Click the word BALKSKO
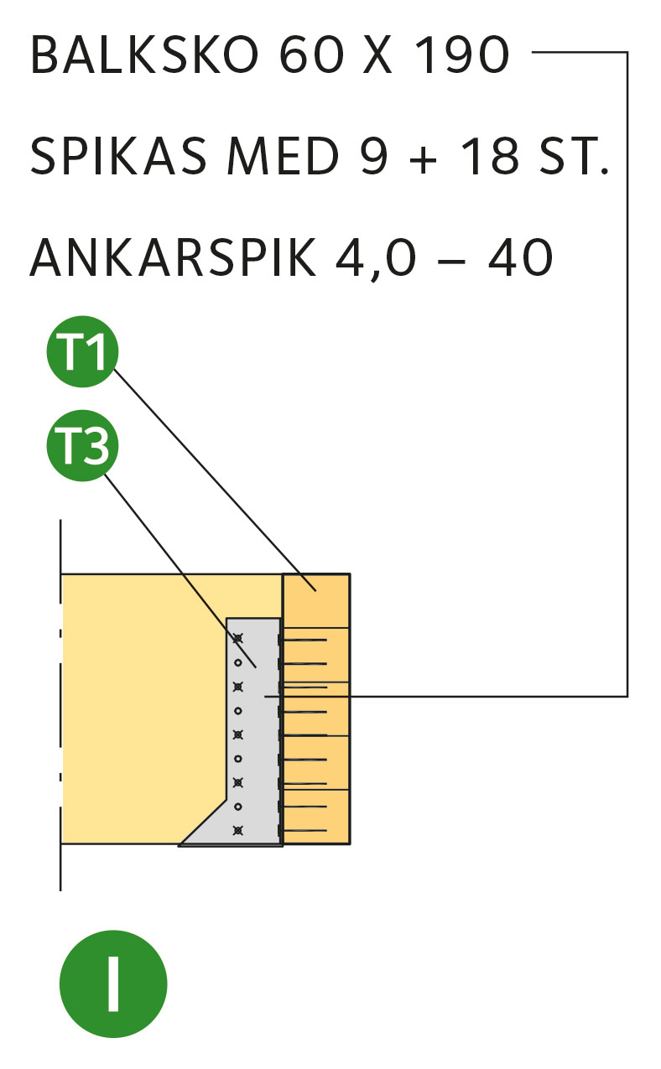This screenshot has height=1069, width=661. click(144, 54)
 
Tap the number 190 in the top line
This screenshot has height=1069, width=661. click(462, 54)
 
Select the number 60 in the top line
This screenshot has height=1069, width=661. click(311, 54)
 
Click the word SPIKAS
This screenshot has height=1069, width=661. click(118, 156)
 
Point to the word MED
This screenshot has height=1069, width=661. click(283, 156)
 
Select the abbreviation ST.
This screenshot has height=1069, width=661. click(574, 156)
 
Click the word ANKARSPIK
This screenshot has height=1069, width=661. click(173, 257)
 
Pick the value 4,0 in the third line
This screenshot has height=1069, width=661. click(376, 259)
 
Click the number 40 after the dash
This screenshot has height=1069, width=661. click(521, 257)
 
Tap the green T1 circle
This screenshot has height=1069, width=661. click(82, 351)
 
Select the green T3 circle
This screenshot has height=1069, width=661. click(82, 445)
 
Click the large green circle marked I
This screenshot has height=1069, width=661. click(113, 983)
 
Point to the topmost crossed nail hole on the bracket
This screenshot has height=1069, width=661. click(238, 639)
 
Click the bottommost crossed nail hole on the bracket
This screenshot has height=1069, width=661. click(238, 831)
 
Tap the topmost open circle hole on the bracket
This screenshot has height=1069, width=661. click(238, 662)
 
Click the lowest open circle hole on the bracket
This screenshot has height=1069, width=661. click(238, 807)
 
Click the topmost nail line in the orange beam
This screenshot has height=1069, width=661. click(305, 640)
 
